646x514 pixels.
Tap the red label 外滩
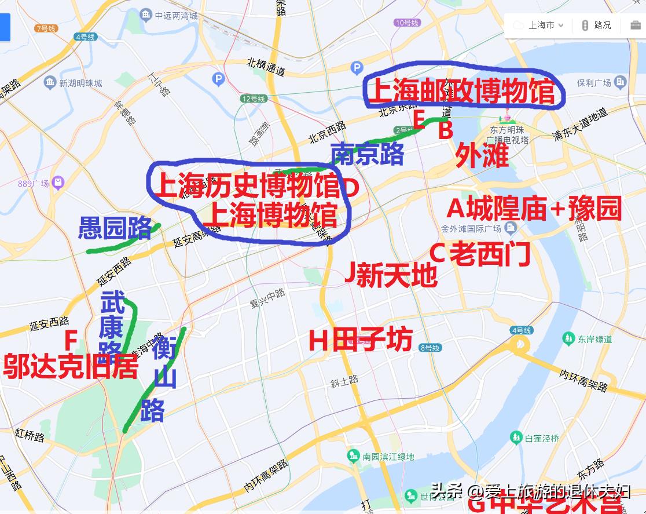[x=482, y=155]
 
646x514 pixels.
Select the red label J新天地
[x=391, y=274]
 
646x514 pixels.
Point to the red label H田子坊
[x=361, y=340]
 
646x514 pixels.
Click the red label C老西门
[x=480, y=253]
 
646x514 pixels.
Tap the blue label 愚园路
[x=115, y=228]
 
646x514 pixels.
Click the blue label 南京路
[x=367, y=154]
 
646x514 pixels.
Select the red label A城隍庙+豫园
[x=534, y=209]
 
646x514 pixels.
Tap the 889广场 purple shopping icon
[x=57, y=184]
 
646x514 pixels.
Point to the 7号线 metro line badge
[x=45, y=28]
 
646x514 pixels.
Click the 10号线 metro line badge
[x=407, y=23]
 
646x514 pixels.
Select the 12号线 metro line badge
[x=254, y=99]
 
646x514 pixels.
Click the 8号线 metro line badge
[x=430, y=348]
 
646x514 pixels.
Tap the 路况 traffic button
[x=596, y=25]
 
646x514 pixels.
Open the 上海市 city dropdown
[x=539, y=25]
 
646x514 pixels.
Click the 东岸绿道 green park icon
[x=568, y=338]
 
